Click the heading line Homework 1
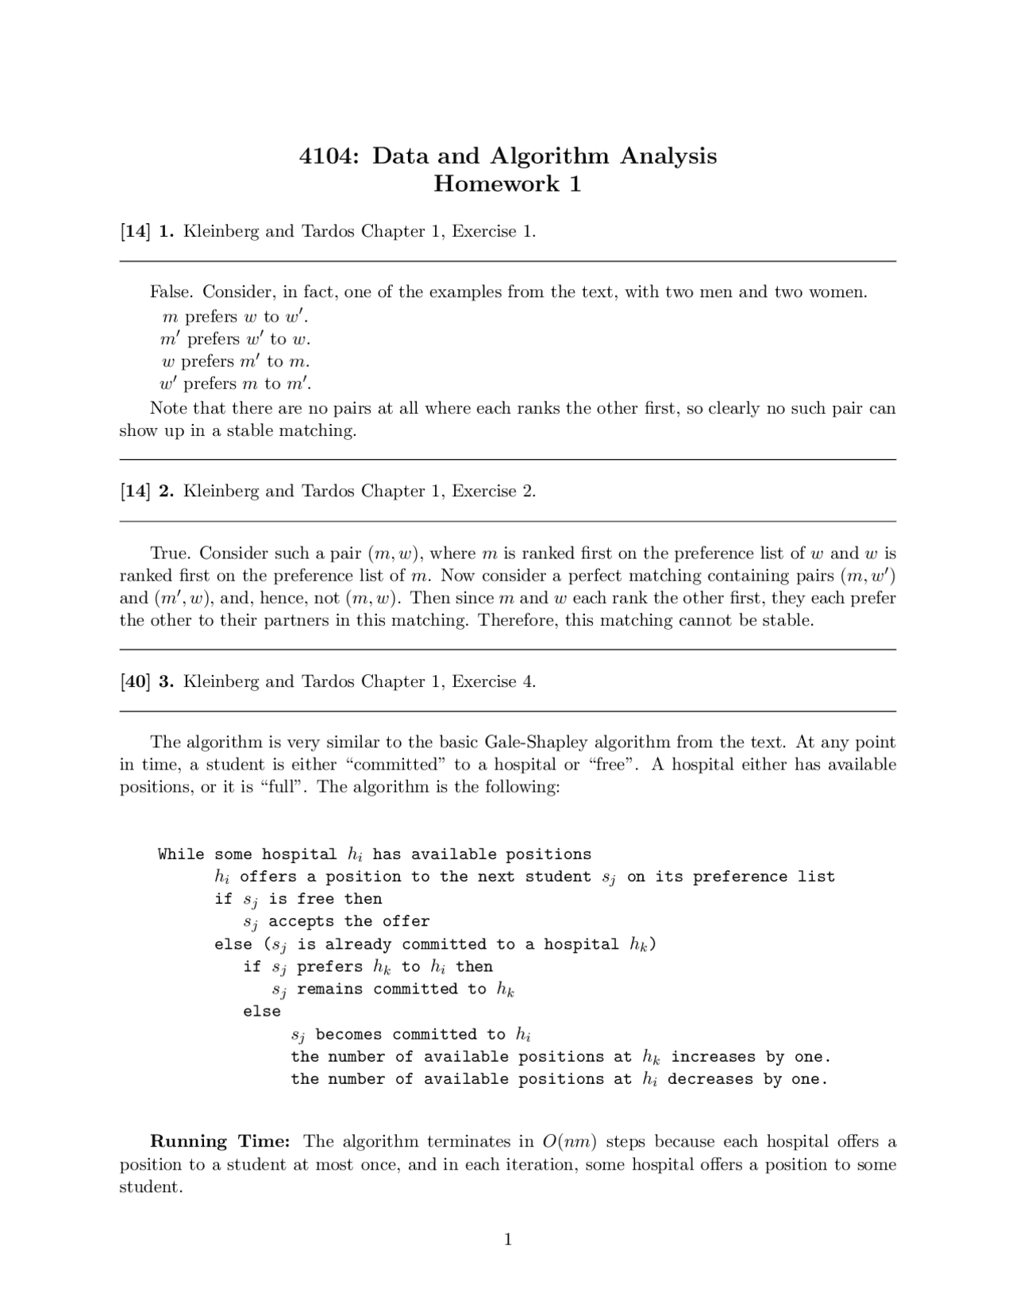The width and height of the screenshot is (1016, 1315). click(x=507, y=184)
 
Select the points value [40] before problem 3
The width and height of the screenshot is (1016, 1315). click(x=135, y=681)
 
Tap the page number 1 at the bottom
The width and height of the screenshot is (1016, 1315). click(x=508, y=1240)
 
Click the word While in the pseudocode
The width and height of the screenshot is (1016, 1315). click(x=181, y=854)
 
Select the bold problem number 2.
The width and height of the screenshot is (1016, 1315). click(x=166, y=491)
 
